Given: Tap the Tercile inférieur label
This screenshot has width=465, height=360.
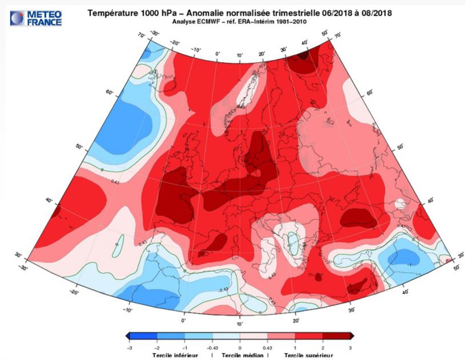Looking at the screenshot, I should coord(176,356).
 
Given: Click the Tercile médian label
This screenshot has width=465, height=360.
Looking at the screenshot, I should coord(240,356).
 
